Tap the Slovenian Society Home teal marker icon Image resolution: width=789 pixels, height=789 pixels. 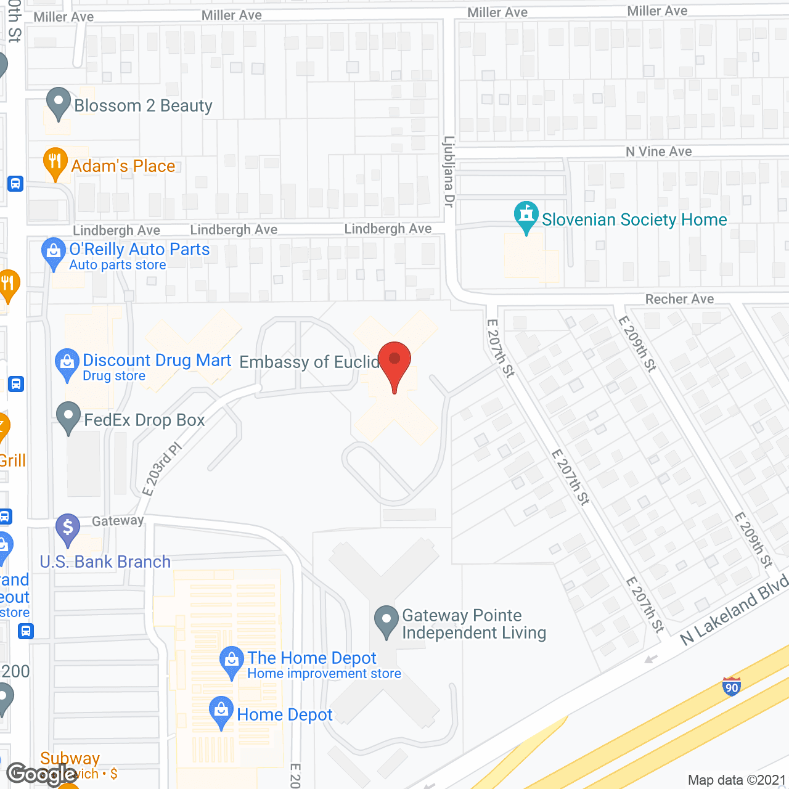526,216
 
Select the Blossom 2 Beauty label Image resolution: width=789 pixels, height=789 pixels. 143,106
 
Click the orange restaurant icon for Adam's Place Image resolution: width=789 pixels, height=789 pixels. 55,163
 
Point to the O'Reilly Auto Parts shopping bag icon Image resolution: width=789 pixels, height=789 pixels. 54,252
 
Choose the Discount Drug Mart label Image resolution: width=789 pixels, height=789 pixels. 157,361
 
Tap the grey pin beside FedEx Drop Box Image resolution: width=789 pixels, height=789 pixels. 68,417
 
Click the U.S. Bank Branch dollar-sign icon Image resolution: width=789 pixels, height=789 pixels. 68,528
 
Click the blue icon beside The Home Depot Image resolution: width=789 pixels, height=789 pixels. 231,661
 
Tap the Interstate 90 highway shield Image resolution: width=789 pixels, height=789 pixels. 732,687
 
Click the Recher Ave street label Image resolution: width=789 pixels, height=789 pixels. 679,299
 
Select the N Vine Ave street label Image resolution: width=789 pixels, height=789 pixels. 658,152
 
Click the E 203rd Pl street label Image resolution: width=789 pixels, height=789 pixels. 162,468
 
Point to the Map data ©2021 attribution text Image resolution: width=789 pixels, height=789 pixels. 737,780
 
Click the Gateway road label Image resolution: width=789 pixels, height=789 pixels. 118,521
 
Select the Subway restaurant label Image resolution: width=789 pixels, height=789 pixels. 70,758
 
